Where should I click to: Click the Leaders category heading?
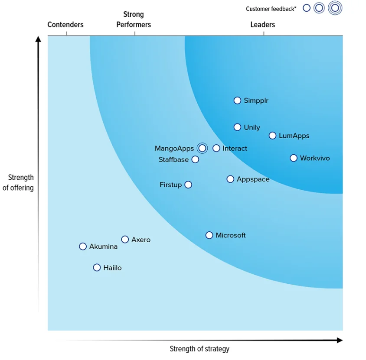click(263, 25)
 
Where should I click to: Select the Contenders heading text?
click(65, 25)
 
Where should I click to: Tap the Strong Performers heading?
click(134, 19)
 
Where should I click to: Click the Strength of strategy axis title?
click(199, 349)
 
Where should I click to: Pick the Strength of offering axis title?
click(18, 182)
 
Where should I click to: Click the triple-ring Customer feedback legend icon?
click(335, 8)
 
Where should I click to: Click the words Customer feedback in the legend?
click(271, 9)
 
